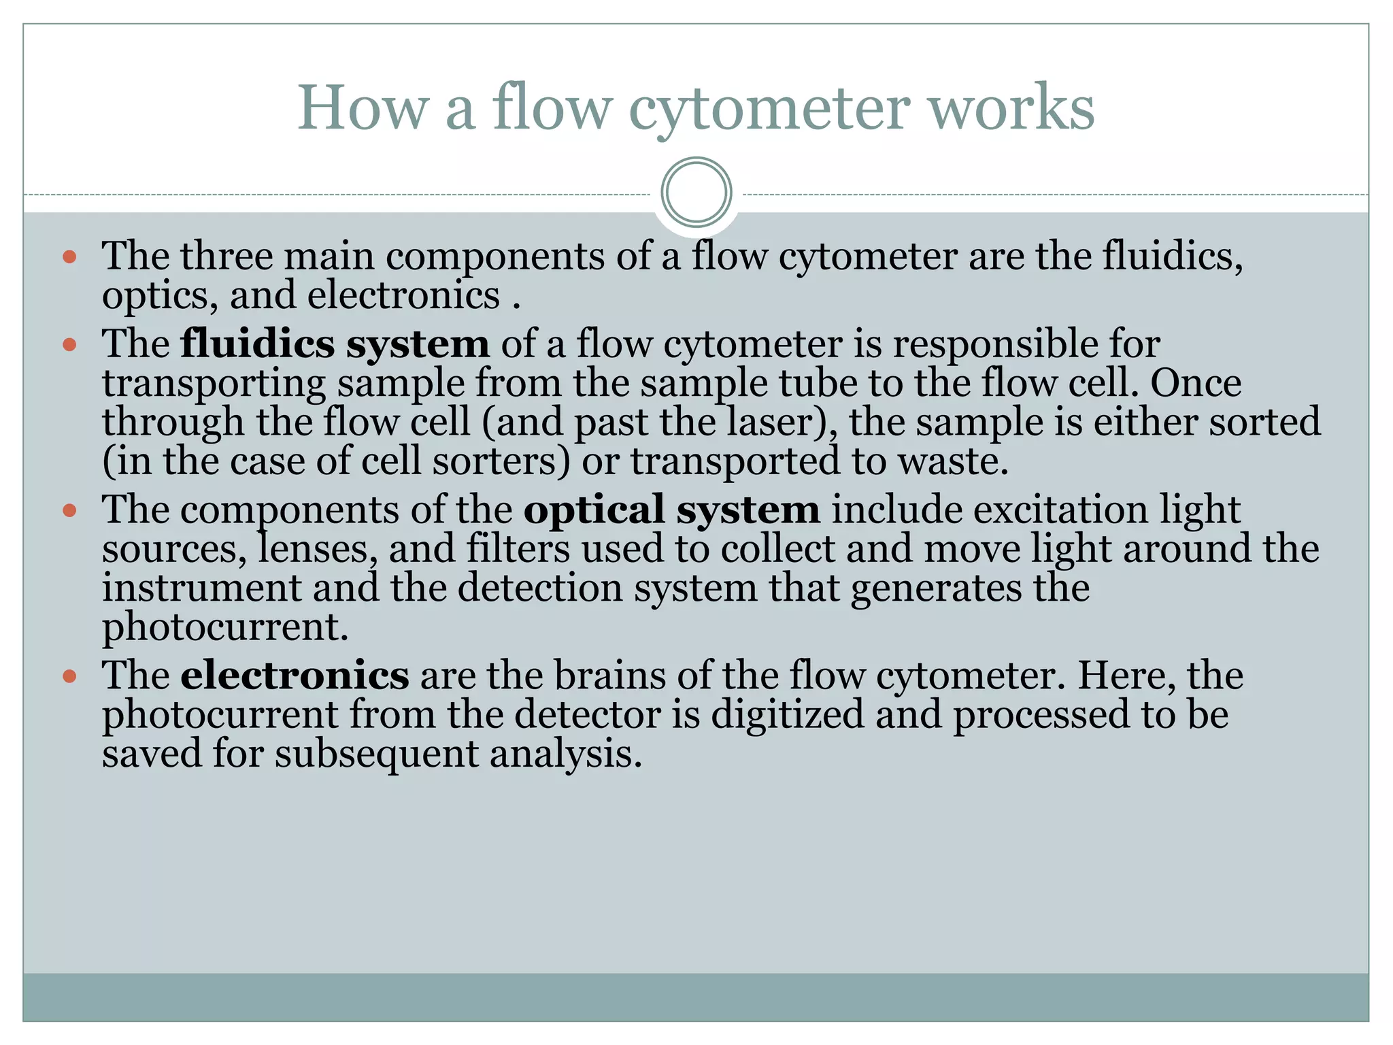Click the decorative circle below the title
696,193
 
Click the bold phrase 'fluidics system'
335,344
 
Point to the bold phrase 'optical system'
671,510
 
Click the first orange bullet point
69,258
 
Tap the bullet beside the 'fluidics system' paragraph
69,345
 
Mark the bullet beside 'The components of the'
69,511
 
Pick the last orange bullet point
69,677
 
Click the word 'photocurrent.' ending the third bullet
225,627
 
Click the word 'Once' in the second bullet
1196,383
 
